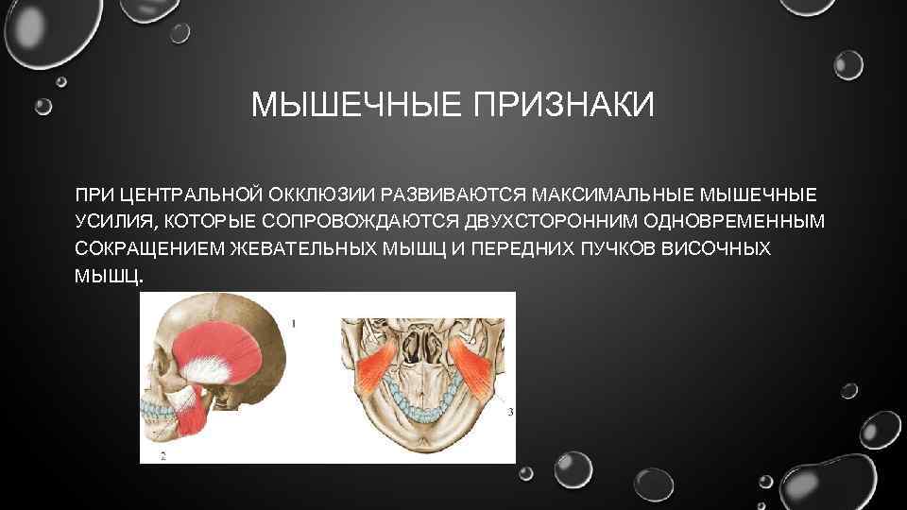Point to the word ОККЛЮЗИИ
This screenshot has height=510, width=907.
(319, 195)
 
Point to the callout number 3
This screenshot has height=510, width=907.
(510, 412)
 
